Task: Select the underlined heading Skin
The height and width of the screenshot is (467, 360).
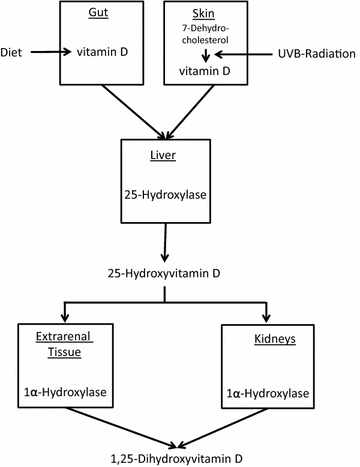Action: pos(205,17)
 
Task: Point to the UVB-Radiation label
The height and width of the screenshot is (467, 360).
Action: pos(313,49)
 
